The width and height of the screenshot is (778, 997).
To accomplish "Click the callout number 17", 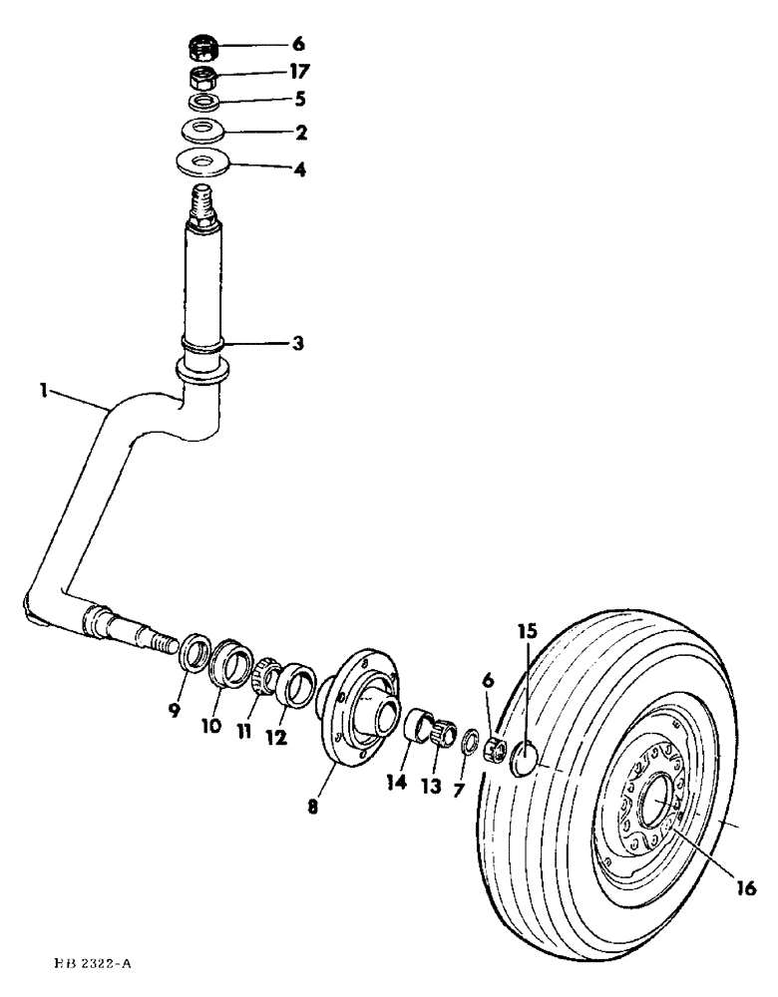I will [299, 72].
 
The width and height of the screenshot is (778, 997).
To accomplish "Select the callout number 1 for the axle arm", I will [44, 393].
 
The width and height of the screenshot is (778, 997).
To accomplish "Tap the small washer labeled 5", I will [204, 102].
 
